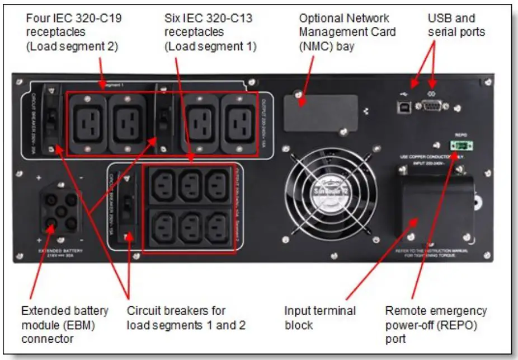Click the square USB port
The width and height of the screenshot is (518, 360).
pyautogui.click(x=402, y=106)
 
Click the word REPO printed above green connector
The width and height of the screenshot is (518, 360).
pyautogui.click(x=461, y=135)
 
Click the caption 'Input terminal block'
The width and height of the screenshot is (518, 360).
pyautogui.click(x=319, y=317)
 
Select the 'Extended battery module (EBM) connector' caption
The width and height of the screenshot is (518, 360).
pyautogui.click(x=64, y=324)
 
